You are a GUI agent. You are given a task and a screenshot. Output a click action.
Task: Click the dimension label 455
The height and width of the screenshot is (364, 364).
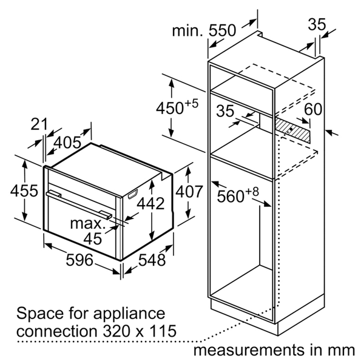pos(24,191)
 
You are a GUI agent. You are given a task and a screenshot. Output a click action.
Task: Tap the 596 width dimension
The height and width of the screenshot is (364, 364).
pos(79,260)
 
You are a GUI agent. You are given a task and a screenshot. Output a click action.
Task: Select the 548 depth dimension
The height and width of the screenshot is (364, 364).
pos(152,260)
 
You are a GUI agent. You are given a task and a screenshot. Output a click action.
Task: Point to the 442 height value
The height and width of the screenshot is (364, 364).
pos(150,204)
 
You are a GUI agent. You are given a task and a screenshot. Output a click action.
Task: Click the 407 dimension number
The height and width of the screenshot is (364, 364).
pos(189,192)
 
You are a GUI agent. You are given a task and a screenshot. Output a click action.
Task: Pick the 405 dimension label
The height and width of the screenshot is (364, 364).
pos(67,143)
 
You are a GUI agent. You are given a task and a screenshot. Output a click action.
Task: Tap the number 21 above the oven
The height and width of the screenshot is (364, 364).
pos(39,124)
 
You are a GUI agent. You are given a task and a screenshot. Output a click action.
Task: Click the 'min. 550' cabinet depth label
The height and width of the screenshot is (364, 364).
pos(204,30)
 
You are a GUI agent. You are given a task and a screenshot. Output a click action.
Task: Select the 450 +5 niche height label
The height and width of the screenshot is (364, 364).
pos(177,107)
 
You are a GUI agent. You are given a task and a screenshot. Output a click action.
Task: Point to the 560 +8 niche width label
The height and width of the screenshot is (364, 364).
pos(238,195)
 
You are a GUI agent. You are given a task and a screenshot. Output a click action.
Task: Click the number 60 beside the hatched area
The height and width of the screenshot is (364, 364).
pos(313,109)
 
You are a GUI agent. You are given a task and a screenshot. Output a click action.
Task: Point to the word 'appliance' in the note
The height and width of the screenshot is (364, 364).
pos(129,314)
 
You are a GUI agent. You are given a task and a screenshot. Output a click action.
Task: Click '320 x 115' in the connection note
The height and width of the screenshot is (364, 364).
pos(140,331)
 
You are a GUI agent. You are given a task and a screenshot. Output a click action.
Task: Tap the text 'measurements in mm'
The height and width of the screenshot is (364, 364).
pos(274,350)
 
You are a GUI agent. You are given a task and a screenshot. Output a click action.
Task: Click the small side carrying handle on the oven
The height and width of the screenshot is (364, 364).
pos(132,194)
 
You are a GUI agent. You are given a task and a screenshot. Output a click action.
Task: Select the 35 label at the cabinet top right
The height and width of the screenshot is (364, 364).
pos(317,24)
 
